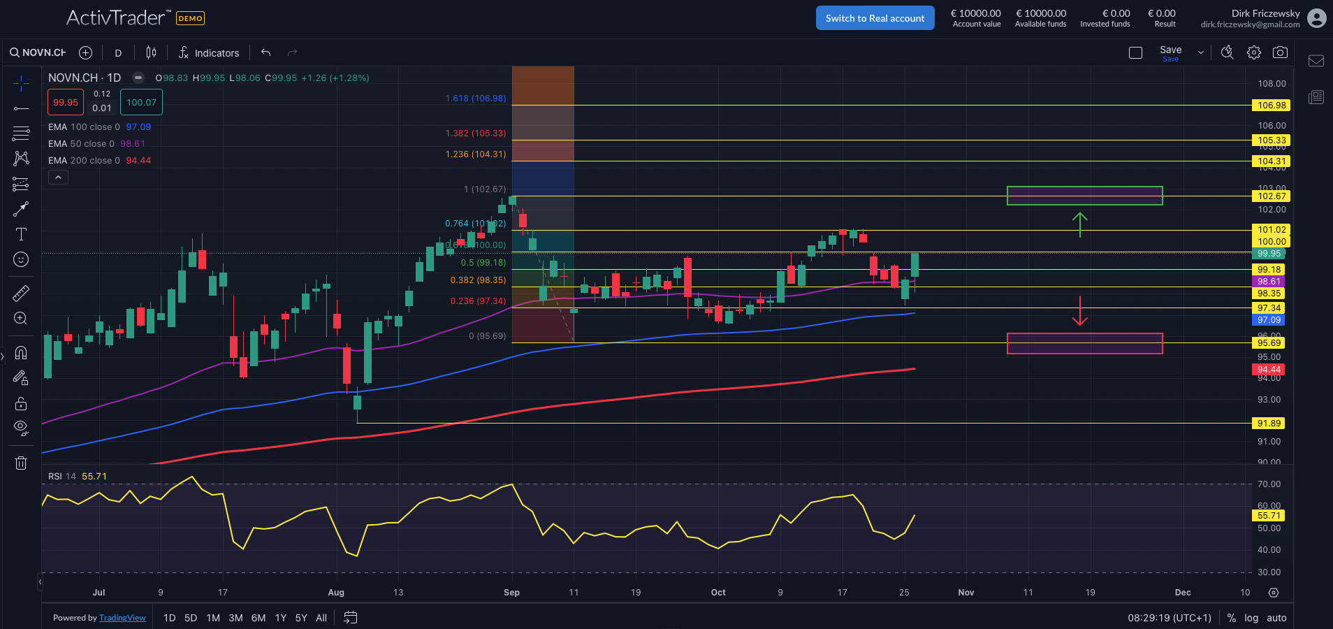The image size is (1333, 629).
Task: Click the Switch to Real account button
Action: tap(875, 18)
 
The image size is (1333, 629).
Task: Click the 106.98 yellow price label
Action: tap(1271, 106)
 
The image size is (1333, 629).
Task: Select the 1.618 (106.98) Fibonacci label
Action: tap(475, 99)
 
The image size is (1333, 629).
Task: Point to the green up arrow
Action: tap(1079, 224)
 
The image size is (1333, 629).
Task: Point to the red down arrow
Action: tap(1079, 312)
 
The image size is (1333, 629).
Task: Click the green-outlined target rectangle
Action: tap(1084, 196)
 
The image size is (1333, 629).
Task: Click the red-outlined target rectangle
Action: tap(1084, 343)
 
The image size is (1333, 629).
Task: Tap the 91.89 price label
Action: tap(1269, 423)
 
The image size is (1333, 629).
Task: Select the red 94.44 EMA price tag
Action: tap(1269, 370)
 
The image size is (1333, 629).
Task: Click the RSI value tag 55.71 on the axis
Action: tap(1269, 516)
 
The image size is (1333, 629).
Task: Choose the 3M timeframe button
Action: tap(235, 618)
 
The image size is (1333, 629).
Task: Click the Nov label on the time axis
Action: tap(966, 593)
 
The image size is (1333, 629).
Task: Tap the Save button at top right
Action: tap(1170, 52)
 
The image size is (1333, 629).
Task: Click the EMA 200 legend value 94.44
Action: tap(138, 161)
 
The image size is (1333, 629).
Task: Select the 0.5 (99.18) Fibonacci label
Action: tap(483, 263)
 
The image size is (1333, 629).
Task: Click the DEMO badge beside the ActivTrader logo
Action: tap(190, 18)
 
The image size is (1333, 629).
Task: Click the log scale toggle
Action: tap(1251, 618)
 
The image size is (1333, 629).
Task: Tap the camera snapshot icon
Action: tap(1280, 52)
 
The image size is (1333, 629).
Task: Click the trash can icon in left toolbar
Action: tap(21, 463)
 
